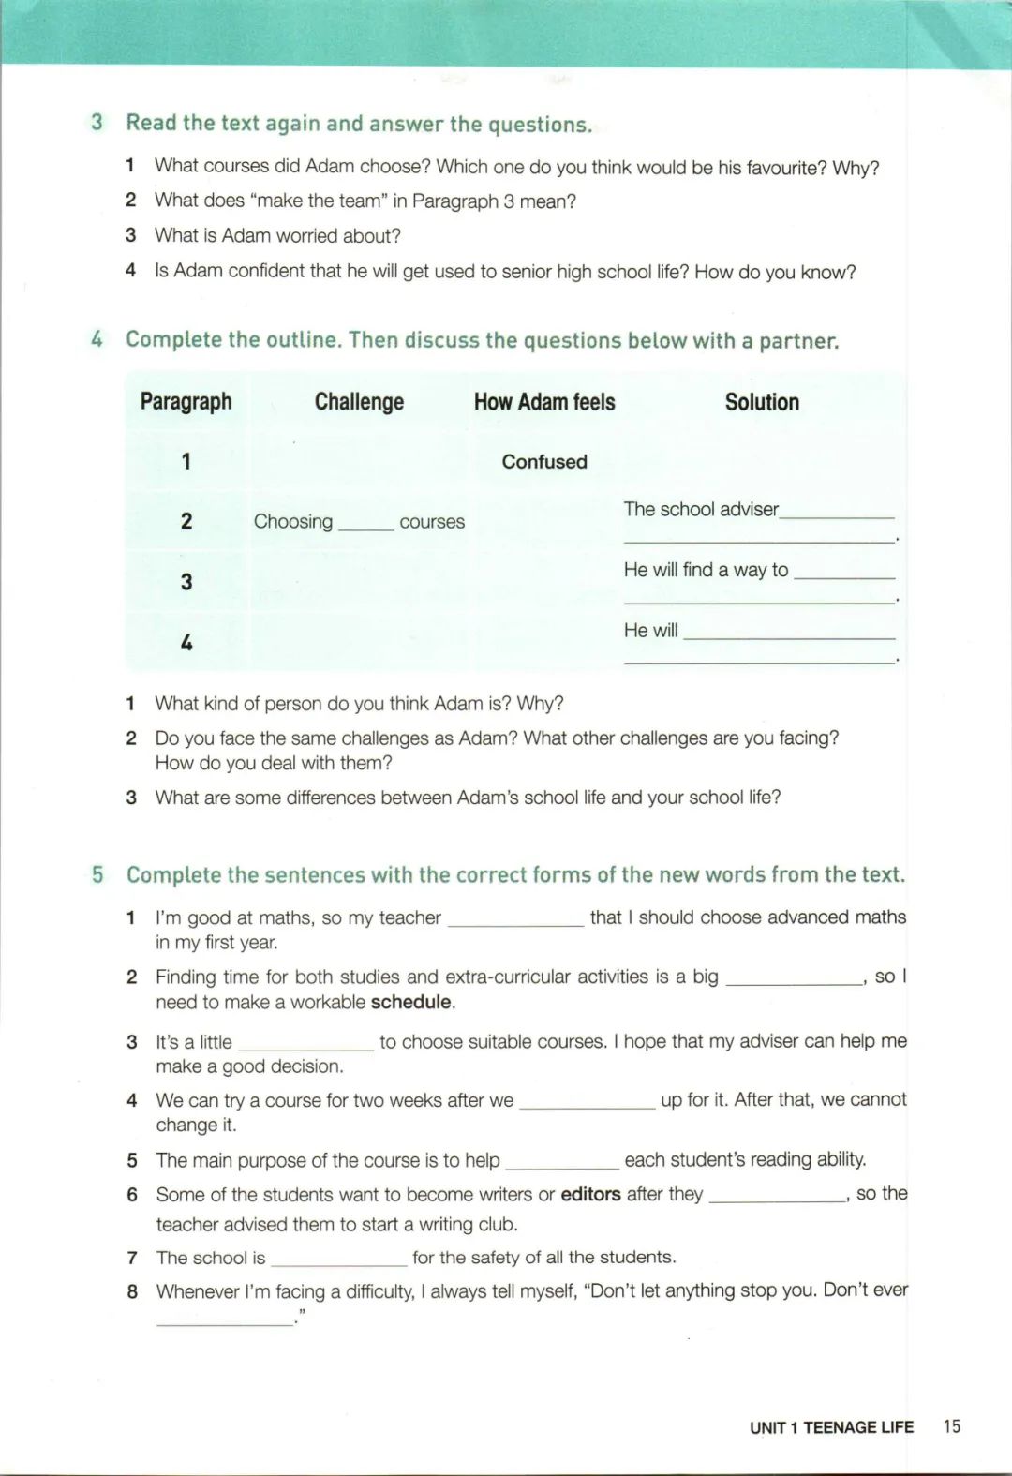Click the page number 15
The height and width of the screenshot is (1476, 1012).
point(951,1425)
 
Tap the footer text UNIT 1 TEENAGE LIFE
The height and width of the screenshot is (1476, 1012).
point(831,1427)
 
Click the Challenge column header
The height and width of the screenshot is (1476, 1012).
point(359,402)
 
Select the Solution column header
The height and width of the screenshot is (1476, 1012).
point(762,402)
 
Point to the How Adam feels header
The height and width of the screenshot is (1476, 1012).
point(544,402)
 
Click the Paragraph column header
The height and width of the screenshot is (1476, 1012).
point(186,402)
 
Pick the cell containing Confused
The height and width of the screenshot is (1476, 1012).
point(544,461)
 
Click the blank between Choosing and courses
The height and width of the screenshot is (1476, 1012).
point(365,525)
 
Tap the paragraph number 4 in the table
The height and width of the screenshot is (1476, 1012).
point(186,642)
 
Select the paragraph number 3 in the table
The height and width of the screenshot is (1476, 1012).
point(186,582)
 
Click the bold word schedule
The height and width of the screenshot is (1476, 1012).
point(410,1002)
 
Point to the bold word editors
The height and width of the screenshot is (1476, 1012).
point(590,1194)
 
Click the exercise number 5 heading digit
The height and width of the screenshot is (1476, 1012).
point(97,874)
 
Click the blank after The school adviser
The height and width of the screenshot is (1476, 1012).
point(837,514)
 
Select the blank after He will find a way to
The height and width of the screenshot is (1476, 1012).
point(843,574)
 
